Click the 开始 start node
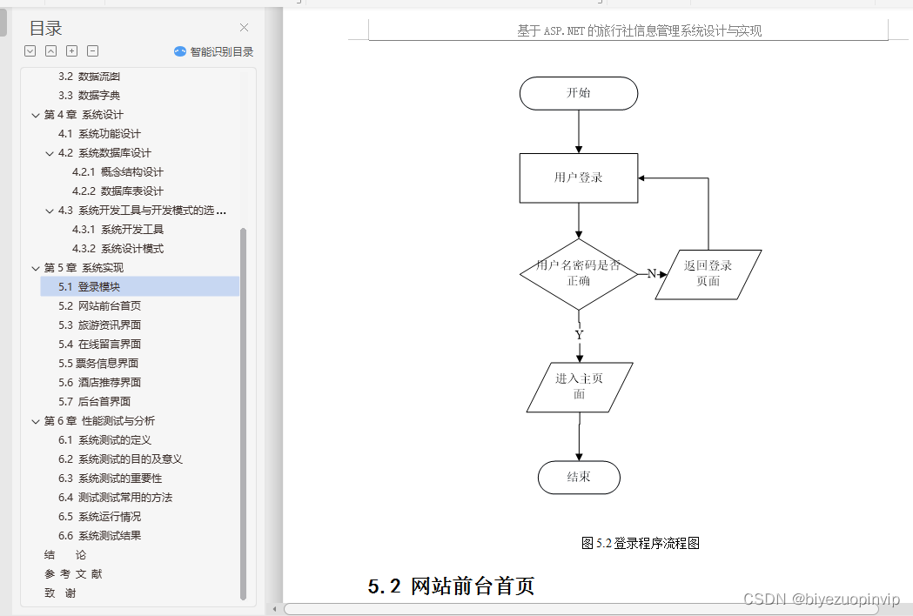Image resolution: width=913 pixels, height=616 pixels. coord(579,93)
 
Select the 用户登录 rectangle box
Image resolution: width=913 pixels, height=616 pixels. coord(579,177)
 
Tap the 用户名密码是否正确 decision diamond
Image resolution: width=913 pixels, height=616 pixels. coord(579,273)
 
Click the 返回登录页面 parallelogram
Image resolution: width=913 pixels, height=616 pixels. coord(708,274)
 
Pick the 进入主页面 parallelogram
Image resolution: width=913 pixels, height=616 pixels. coord(580,386)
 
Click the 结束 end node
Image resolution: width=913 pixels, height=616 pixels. coord(579,477)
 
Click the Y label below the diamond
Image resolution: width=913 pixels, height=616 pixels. coord(580,335)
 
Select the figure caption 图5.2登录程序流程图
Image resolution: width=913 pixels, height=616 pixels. coord(641,543)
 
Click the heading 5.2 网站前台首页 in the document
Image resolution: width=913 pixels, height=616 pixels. coord(451,586)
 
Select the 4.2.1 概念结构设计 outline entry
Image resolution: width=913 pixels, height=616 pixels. coord(117,171)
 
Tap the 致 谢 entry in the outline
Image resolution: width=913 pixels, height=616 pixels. coord(60,593)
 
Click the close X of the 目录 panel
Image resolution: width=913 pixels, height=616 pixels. coord(244,28)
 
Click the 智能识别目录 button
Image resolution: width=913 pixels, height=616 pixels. coord(214,51)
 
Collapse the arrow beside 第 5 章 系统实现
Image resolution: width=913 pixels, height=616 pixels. coord(36,268)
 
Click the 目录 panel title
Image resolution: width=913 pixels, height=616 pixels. coord(45,29)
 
